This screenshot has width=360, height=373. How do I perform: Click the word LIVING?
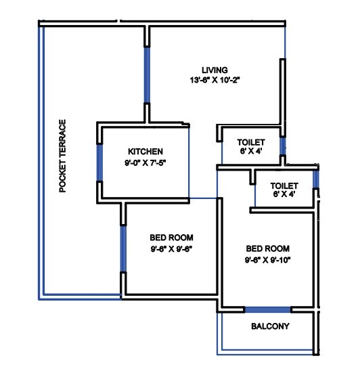pos(215,70)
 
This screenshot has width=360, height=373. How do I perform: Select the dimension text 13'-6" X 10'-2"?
pos(215,80)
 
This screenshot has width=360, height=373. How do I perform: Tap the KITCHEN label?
pos(145,152)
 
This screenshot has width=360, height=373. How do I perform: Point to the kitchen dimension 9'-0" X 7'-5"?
pos(145,163)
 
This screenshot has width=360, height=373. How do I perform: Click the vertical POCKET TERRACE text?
pos(63,156)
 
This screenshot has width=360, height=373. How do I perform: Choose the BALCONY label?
pos(270,326)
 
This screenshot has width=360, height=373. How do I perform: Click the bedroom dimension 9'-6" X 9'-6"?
pos(171,249)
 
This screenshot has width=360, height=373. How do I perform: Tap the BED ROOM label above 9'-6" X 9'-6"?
pos(171,238)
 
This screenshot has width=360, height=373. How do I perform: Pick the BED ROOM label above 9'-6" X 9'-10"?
pos(268,248)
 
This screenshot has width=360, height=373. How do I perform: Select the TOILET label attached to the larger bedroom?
pos(284,185)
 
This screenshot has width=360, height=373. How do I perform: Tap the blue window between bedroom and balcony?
pos(268,309)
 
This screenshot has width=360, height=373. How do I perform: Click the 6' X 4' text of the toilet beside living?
pos(250,152)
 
